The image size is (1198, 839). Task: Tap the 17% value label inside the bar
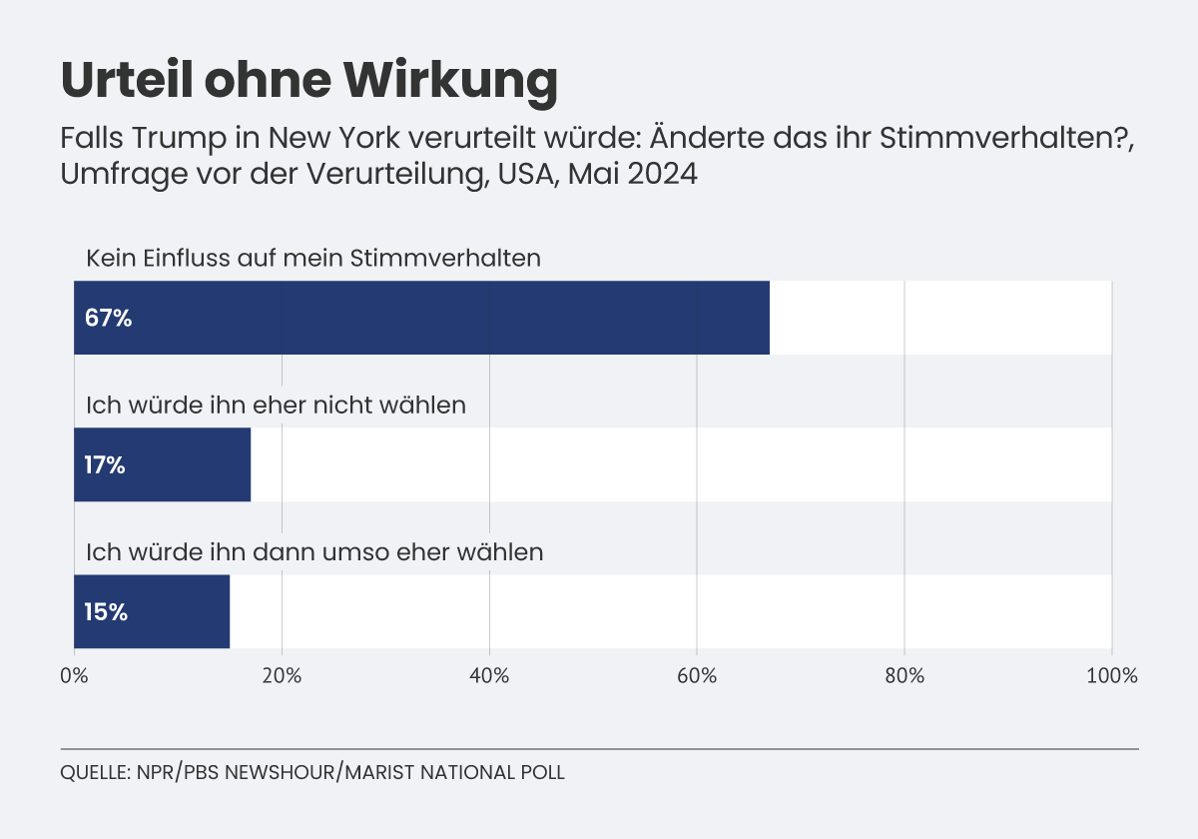(105, 465)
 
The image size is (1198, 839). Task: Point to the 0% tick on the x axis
(74, 676)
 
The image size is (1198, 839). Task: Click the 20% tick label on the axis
(282, 676)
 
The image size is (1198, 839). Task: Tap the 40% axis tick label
(489, 676)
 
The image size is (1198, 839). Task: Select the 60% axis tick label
(697, 676)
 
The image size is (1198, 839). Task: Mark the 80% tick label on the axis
(904, 676)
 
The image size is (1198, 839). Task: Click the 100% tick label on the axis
(1112, 676)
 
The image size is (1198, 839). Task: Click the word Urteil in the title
(127, 80)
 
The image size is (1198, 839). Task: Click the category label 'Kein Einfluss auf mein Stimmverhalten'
(313, 259)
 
